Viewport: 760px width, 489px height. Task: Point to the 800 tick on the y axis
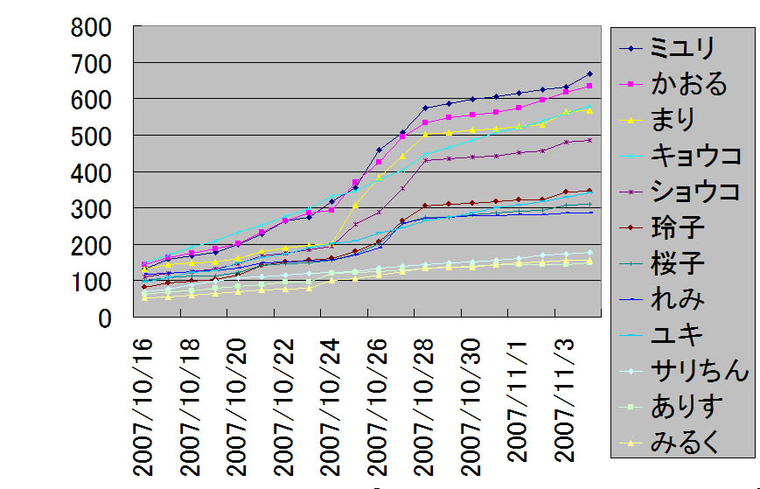[x=91, y=28]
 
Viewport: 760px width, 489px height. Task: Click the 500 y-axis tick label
[x=91, y=136]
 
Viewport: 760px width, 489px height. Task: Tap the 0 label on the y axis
[x=104, y=318]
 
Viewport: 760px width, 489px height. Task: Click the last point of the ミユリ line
[x=589, y=73]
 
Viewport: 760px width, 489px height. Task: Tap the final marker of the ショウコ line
[x=589, y=140]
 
